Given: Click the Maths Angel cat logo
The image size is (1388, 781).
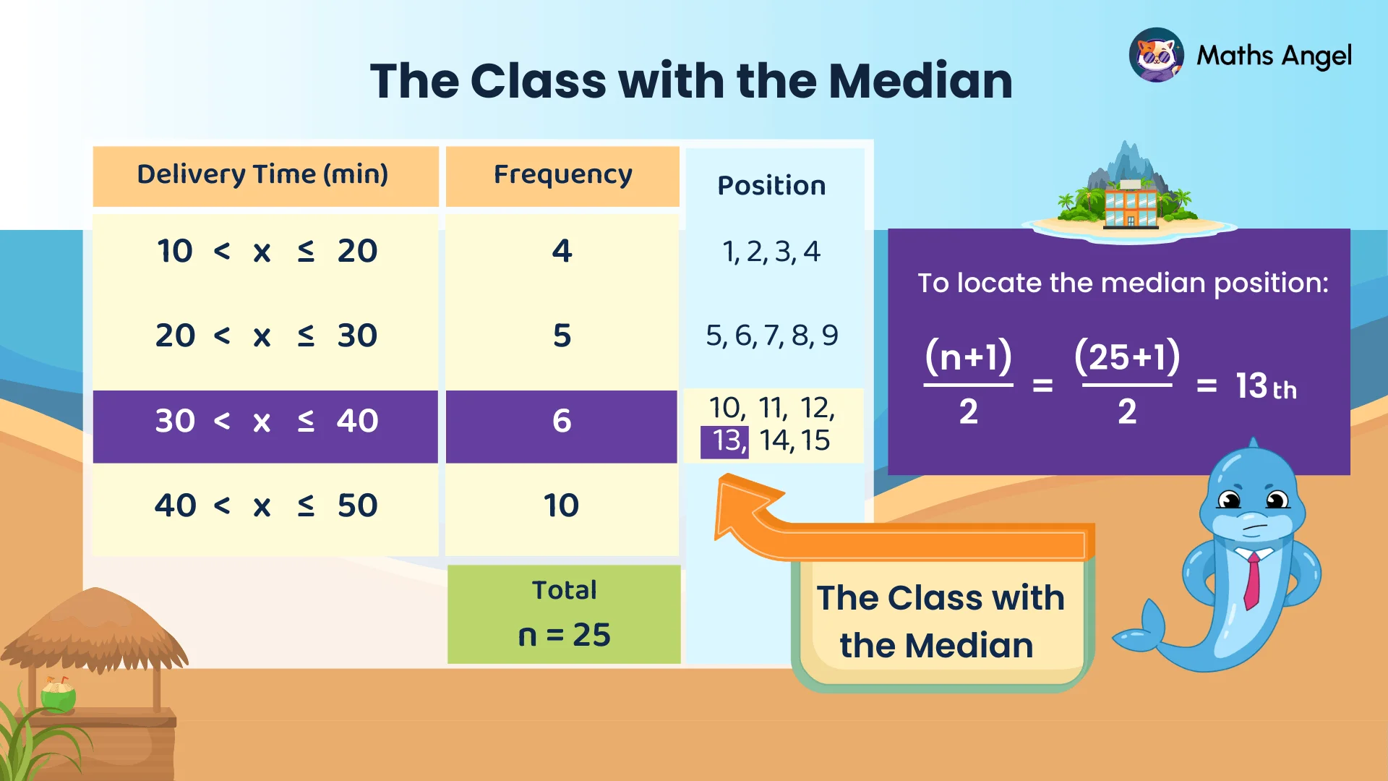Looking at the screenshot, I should pyautogui.click(x=1156, y=55).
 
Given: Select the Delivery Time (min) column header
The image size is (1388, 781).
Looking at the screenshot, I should pyautogui.click(x=263, y=174).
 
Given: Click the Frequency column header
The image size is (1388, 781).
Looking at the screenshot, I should pyautogui.click(x=562, y=174).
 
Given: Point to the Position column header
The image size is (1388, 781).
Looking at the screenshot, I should pyautogui.click(x=771, y=186).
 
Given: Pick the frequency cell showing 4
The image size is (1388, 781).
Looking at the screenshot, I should pyautogui.click(x=562, y=251).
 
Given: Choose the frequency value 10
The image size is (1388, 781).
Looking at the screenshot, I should pyautogui.click(x=562, y=505).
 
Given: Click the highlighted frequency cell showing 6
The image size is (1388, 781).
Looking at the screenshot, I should pyautogui.click(x=562, y=421).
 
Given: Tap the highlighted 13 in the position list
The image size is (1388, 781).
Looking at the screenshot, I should pyautogui.click(x=726, y=441).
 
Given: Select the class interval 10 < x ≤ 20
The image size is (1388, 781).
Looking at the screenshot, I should pyautogui.click(x=266, y=251).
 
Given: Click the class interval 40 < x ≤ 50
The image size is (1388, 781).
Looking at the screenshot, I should pyautogui.click(x=266, y=505).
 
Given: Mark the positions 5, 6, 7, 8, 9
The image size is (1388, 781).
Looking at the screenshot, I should pyautogui.click(x=771, y=336).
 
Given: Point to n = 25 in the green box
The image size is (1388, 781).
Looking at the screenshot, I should pyautogui.click(x=564, y=635).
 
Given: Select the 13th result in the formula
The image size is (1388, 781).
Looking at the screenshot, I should pyautogui.click(x=1265, y=386).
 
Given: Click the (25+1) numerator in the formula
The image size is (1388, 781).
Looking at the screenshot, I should pyautogui.click(x=1126, y=357).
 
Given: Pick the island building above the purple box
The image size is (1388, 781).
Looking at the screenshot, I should pyautogui.click(x=1130, y=205).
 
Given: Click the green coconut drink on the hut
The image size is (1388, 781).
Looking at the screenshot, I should pyautogui.click(x=59, y=696).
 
